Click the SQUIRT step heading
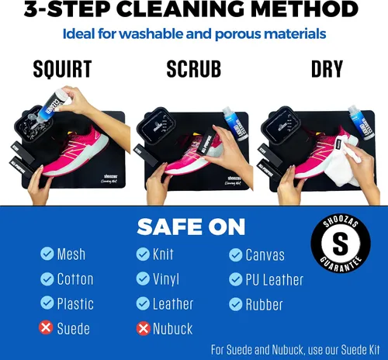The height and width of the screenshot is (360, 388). point(62,69)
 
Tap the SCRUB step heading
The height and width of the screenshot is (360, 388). point(194,69)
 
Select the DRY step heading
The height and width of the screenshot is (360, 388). point(327,69)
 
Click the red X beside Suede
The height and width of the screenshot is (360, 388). point(46,327)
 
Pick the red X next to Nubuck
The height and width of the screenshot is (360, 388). point(144,328)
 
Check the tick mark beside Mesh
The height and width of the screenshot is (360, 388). point(47,253)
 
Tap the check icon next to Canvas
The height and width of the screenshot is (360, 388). point(236,255)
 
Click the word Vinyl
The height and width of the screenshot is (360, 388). point(166,279)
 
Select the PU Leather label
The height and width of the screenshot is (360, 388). point(275,280)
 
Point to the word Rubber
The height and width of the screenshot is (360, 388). point(264,304)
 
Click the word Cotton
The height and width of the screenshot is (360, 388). point(75,279)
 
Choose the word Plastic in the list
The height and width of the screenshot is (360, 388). point(75,303)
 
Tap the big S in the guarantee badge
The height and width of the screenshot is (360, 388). point(341,243)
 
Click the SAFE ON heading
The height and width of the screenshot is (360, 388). point(191,227)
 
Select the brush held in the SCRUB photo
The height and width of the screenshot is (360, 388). point(207,142)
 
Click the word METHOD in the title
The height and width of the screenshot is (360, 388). point(304,9)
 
